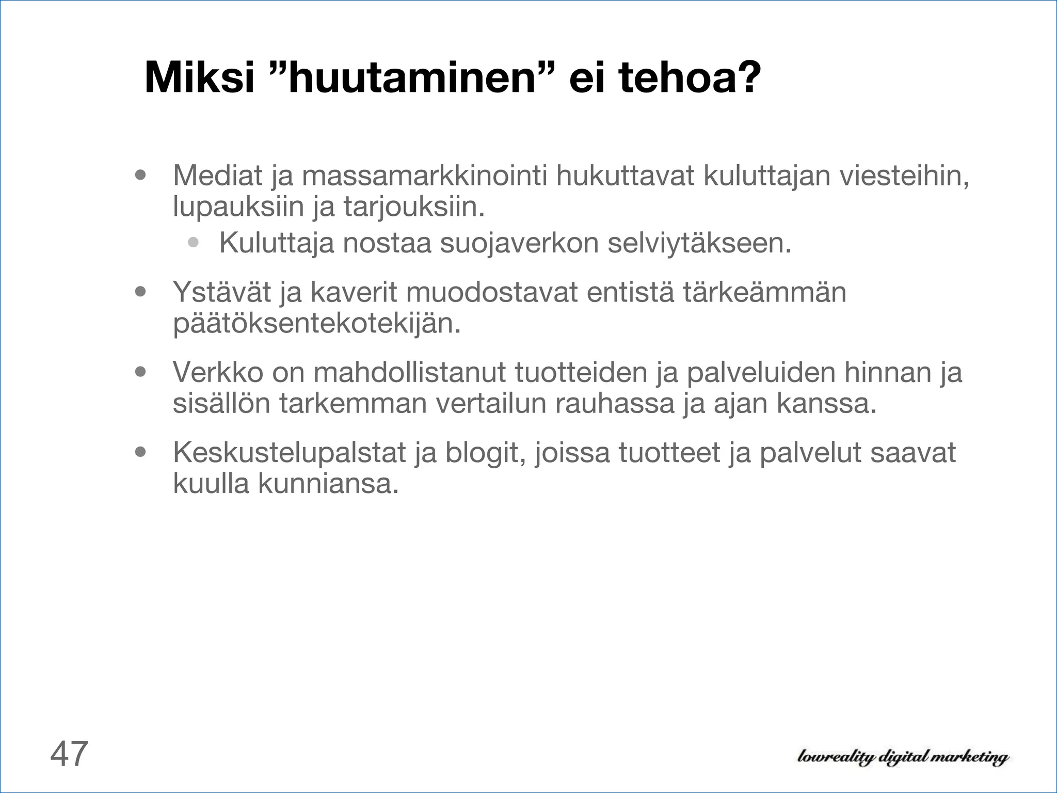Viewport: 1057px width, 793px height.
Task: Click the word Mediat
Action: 218,176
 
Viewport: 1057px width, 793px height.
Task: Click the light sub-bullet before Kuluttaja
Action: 194,242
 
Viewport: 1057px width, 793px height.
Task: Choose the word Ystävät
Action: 221,292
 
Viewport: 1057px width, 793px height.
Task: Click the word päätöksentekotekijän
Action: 316,324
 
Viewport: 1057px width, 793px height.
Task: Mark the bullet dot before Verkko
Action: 140,372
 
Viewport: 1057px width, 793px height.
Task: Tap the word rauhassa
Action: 615,403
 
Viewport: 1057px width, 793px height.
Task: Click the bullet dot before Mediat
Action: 140,175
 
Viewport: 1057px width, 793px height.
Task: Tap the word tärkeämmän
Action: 765,292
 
